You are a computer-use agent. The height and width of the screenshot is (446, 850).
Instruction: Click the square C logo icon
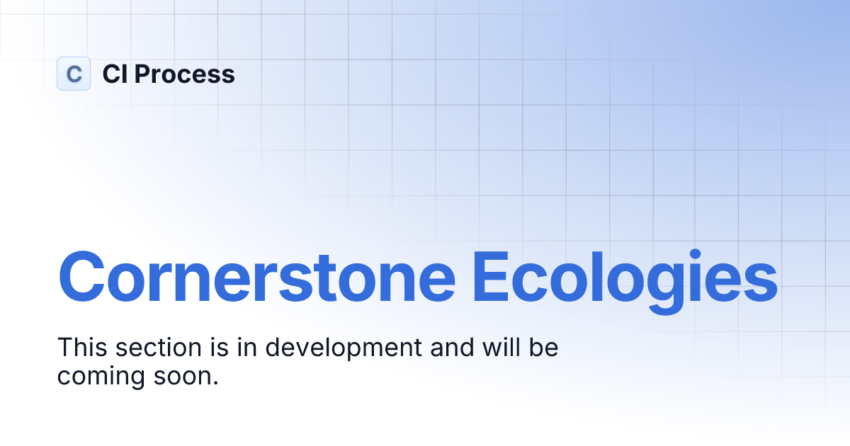(x=74, y=74)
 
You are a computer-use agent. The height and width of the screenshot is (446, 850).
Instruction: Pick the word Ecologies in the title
(x=625, y=275)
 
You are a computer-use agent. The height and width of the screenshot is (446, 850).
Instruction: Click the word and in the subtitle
(x=448, y=348)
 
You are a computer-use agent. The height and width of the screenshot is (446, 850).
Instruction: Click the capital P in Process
(x=142, y=74)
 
